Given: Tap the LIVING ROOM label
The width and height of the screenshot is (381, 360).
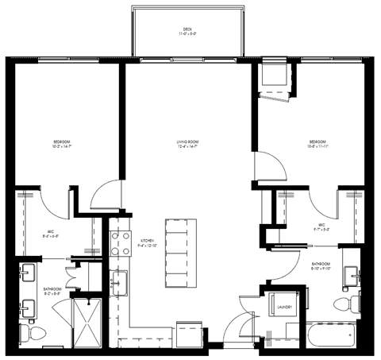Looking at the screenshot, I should (187, 142).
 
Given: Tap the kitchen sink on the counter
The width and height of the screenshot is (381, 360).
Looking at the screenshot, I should (120, 281).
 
